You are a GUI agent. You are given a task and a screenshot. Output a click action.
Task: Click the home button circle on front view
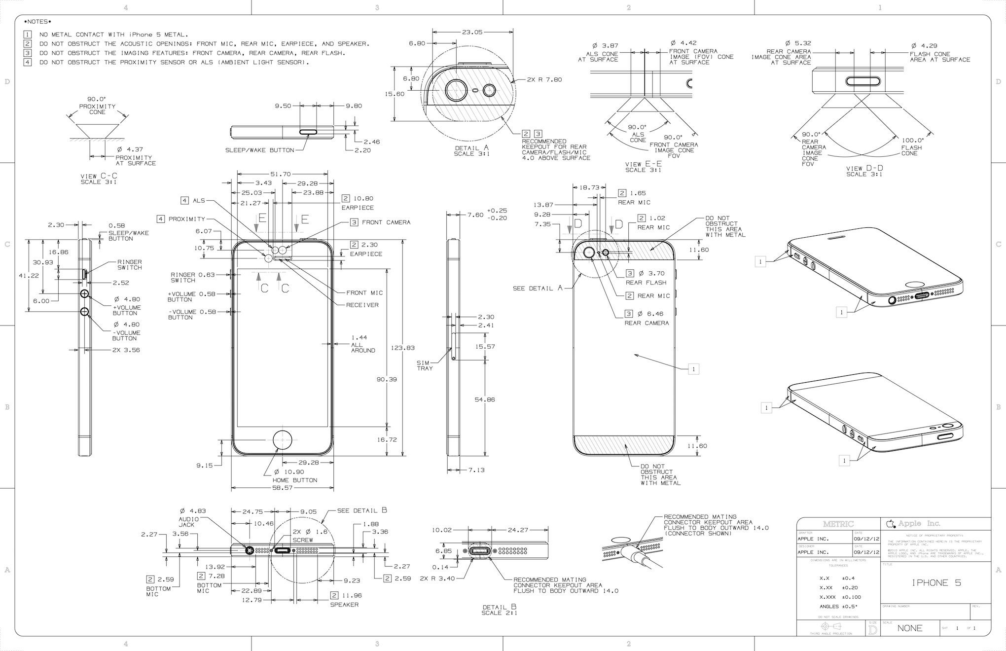(x=283, y=439)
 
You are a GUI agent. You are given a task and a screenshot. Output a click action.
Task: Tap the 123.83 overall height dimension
(x=402, y=348)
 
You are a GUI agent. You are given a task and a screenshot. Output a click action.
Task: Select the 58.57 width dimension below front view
(x=283, y=488)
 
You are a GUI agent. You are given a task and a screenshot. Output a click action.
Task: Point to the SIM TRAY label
(x=425, y=365)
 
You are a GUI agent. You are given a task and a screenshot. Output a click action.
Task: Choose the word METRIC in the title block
(x=838, y=524)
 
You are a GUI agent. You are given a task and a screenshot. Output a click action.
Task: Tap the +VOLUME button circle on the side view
(x=85, y=294)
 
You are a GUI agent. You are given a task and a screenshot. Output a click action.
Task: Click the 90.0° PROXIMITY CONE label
(x=97, y=106)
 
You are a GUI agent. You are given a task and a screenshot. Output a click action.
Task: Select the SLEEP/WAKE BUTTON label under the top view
(x=259, y=150)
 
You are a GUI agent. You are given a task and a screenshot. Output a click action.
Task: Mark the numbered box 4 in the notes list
(x=28, y=63)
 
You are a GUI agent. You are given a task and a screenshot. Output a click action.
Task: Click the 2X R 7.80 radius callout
(x=544, y=79)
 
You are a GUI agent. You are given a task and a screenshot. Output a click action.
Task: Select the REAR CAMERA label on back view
(x=647, y=323)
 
